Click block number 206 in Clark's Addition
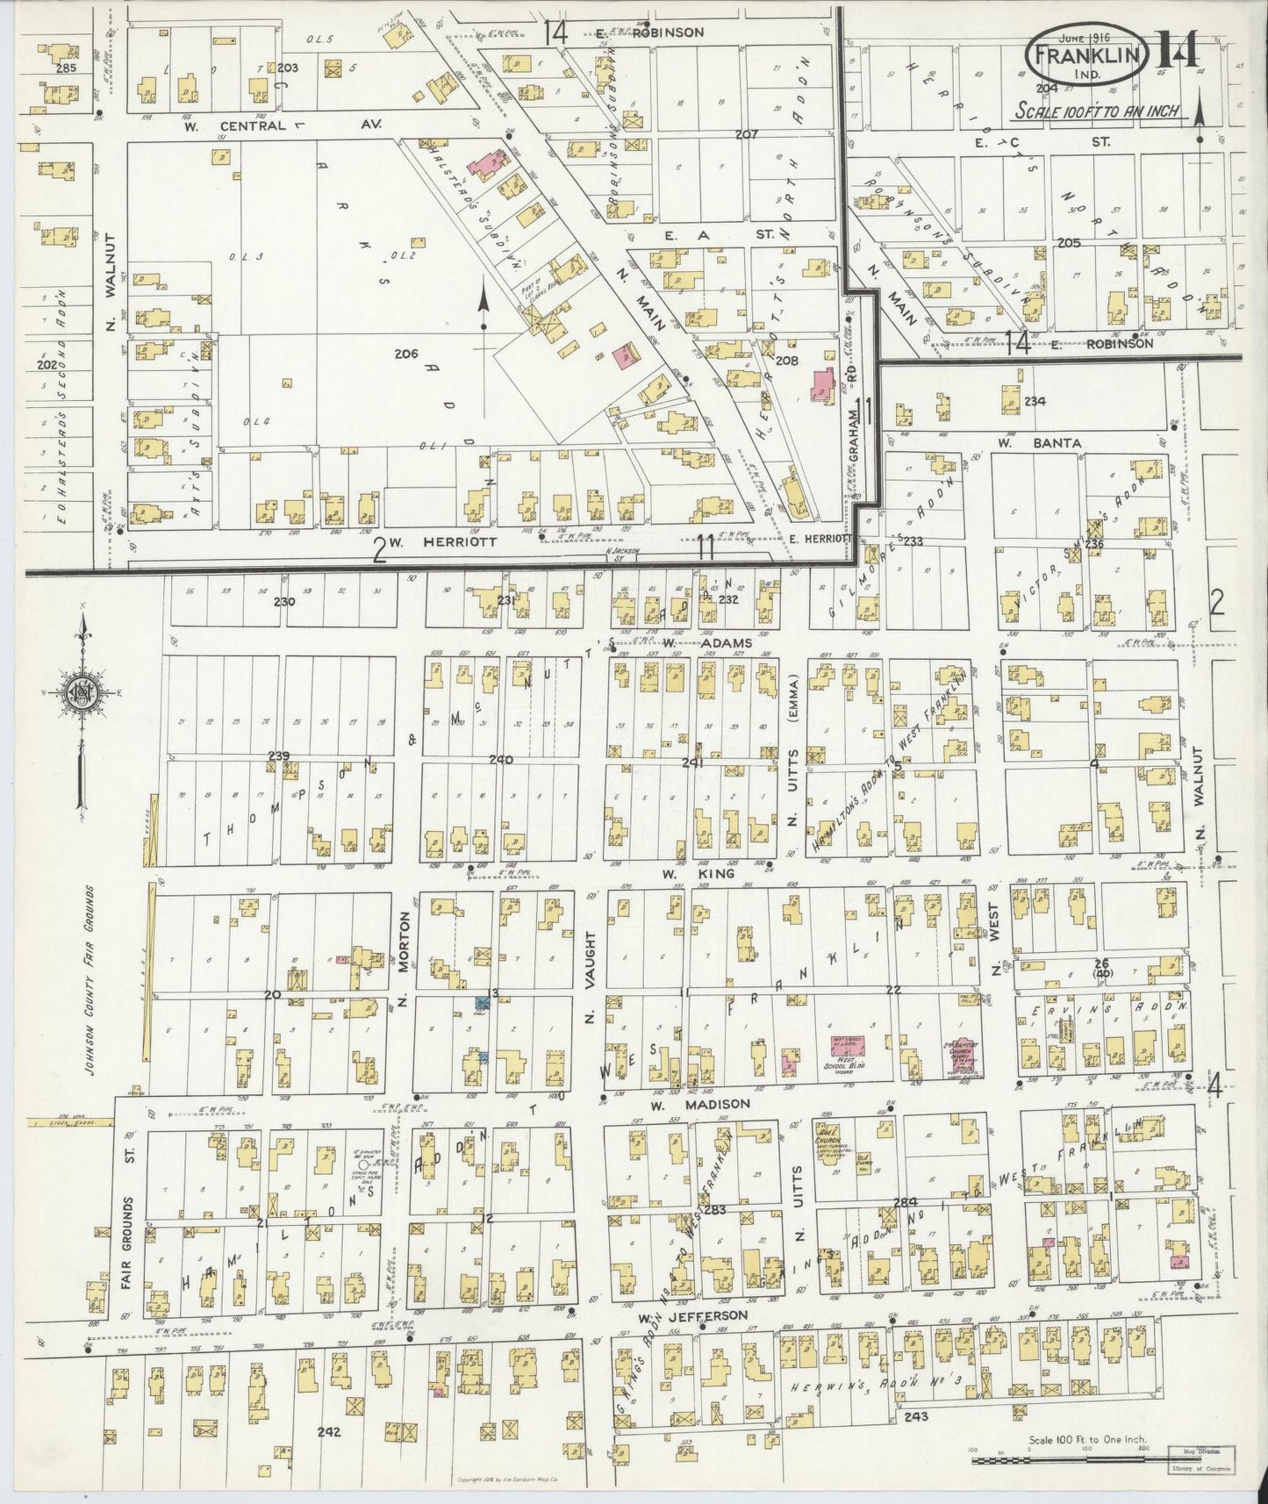[x=405, y=354]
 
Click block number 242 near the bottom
[x=329, y=1431]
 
